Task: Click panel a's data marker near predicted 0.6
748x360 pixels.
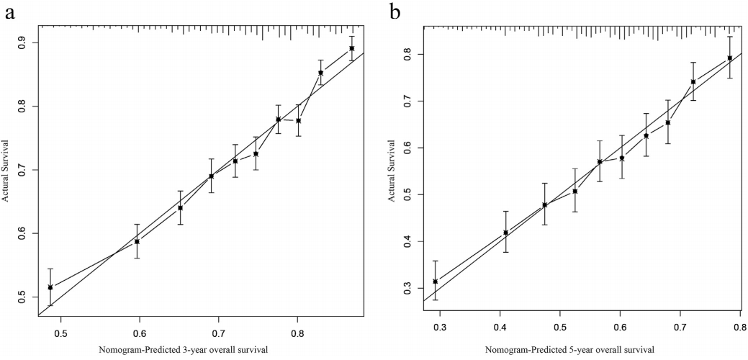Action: [x=137, y=241]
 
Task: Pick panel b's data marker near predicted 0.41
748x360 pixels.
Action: [x=505, y=233]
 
